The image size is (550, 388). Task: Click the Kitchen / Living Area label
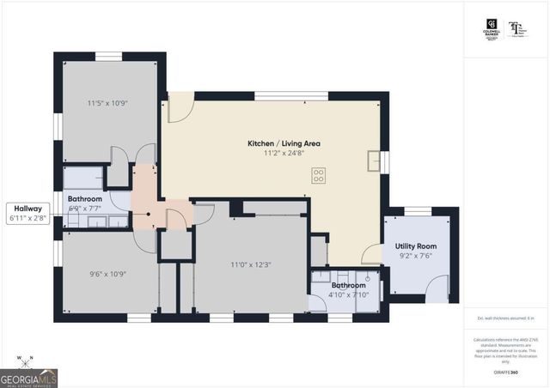coord(284,143)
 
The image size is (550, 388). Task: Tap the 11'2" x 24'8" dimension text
coord(284,155)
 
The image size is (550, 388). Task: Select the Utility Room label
coord(417,245)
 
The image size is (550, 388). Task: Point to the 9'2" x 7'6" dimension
coord(417,255)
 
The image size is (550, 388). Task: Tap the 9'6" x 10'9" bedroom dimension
coord(107,275)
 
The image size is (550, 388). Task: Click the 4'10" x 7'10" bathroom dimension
coord(349,296)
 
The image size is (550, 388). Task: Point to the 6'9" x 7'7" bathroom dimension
coord(85,207)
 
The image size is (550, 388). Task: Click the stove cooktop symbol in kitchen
coord(318,176)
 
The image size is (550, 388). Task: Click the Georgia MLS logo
coord(28,377)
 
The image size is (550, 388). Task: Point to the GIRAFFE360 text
coord(505,372)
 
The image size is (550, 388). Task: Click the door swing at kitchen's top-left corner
coord(180,107)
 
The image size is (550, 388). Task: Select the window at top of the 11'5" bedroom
coord(107,57)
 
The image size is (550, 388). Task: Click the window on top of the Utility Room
coord(418,209)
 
